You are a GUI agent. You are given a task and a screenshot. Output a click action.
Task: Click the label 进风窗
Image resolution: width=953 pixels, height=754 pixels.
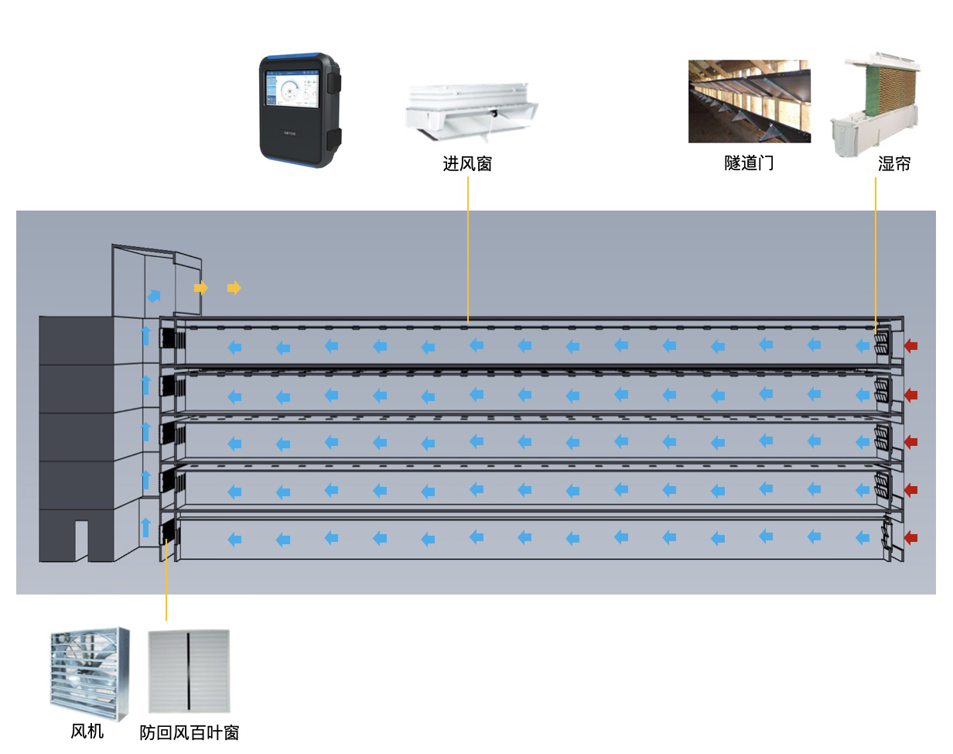[467, 164]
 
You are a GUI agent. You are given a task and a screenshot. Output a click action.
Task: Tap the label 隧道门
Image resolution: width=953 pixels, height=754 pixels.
[749, 164]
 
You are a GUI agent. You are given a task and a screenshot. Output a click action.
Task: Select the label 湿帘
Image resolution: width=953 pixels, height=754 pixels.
[894, 164]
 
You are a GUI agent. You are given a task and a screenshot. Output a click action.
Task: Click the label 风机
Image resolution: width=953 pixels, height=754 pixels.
[87, 731]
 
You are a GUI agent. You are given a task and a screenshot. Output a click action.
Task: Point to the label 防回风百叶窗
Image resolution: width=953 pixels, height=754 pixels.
[190, 732]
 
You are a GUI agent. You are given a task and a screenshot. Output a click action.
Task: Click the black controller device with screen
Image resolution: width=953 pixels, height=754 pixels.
[299, 110]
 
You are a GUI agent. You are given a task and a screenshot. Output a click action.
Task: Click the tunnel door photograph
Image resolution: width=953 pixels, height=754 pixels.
[749, 101]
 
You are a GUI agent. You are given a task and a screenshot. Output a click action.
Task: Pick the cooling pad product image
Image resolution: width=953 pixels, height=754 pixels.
[876, 105]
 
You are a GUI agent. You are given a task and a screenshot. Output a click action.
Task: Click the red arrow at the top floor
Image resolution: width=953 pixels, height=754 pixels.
[911, 345]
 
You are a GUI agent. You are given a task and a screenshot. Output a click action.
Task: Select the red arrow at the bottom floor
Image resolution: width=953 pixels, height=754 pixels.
[911, 537]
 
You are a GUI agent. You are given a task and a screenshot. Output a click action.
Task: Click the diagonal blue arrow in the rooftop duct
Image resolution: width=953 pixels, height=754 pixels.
[155, 296]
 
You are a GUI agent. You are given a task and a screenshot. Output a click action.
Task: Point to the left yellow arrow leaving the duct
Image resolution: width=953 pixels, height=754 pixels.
[201, 288]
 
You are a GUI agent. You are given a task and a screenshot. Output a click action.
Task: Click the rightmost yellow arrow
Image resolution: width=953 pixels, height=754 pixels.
[234, 288]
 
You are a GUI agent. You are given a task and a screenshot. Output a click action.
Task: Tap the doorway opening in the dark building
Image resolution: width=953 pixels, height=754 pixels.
[81, 540]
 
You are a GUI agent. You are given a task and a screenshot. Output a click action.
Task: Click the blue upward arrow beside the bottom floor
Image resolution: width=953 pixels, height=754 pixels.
[145, 528]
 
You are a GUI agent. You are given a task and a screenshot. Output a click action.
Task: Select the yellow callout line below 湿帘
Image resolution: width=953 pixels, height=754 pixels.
[876, 248]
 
